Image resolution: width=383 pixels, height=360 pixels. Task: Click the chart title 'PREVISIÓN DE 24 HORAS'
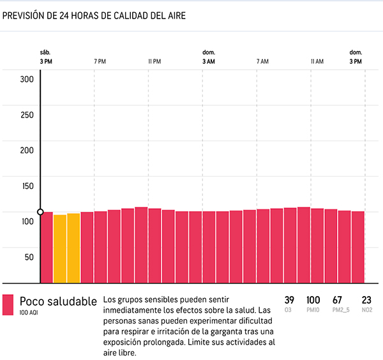click(x=94, y=16)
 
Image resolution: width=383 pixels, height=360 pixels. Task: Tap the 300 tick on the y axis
click(x=26, y=79)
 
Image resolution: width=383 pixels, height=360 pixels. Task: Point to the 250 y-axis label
click(x=26, y=115)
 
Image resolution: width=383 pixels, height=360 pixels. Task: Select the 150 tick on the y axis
click(x=26, y=186)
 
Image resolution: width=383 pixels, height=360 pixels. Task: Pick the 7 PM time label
click(x=100, y=61)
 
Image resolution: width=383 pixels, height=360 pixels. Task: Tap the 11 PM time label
click(x=154, y=61)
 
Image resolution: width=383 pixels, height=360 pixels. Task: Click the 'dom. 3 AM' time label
click(x=209, y=57)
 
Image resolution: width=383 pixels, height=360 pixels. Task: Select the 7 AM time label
click(x=262, y=61)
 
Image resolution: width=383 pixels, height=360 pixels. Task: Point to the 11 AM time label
click(x=317, y=61)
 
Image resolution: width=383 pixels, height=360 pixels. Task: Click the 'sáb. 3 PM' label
click(x=45, y=57)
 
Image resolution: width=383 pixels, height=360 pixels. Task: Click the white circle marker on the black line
click(x=40, y=212)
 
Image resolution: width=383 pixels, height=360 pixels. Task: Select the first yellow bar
click(x=60, y=248)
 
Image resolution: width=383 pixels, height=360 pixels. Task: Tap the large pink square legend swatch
click(x=8, y=304)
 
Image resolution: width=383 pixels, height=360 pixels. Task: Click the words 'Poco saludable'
click(x=58, y=301)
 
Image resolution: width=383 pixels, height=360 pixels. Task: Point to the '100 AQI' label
click(x=29, y=313)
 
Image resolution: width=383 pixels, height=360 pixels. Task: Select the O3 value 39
click(x=289, y=300)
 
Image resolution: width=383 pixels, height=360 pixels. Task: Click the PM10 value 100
click(x=313, y=300)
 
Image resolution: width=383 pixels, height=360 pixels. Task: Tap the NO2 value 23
click(x=366, y=300)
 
